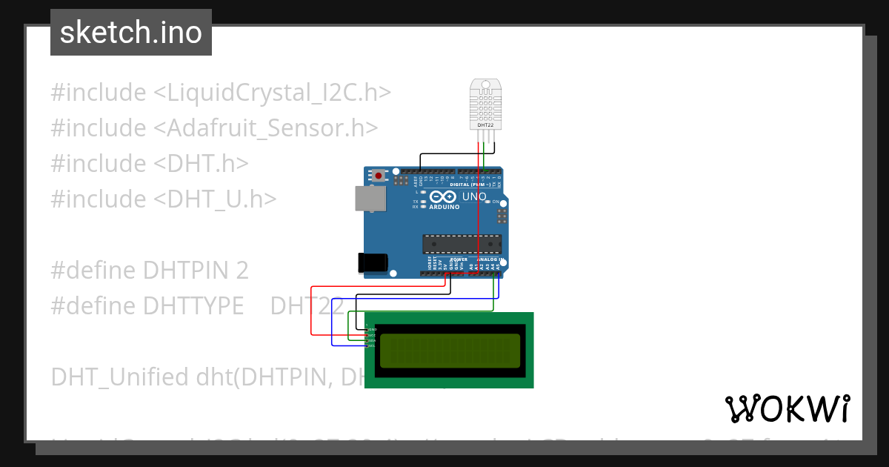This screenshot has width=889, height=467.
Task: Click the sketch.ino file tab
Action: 131,33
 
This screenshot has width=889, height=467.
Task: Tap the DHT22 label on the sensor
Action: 485,125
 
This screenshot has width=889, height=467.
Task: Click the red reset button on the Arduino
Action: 379,176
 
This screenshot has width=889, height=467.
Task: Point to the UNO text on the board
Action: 474,197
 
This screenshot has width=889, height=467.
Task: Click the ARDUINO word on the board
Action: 444,207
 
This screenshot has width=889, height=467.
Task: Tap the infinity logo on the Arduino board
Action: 443,197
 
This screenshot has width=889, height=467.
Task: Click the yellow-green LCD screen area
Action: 450,351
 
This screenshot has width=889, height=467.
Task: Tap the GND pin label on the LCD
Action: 372,329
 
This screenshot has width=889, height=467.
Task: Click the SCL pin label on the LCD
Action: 372,346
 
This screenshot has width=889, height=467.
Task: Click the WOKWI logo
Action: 787,408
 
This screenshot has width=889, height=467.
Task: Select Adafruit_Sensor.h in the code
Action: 266,127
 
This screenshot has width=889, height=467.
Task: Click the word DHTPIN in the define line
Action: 182,270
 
